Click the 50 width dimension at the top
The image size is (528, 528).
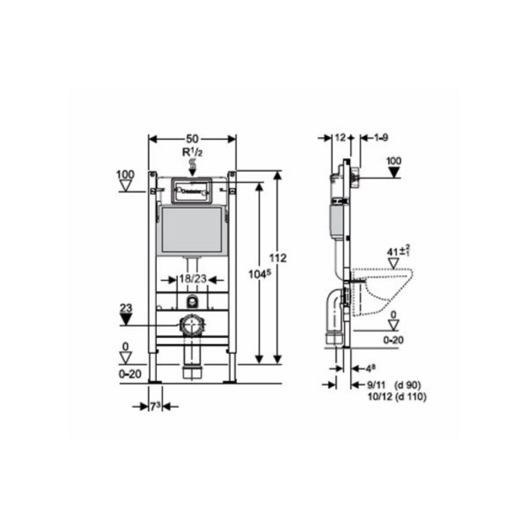pyautogui.click(x=192, y=139)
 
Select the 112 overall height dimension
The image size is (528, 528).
pyautogui.click(x=279, y=258)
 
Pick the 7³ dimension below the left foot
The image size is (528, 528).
pyautogui.click(x=153, y=407)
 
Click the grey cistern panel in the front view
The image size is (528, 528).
pyautogui.click(x=191, y=230)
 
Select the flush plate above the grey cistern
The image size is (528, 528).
pyautogui.click(x=191, y=189)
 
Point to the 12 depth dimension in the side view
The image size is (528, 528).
pyautogui.click(x=340, y=138)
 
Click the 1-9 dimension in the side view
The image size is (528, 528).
pyautogui.click(x=380, y=138)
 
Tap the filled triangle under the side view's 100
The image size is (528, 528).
pyautogui.click(x=394, y=172)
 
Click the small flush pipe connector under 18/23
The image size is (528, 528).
pyautogui.click(x=192, y=302)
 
